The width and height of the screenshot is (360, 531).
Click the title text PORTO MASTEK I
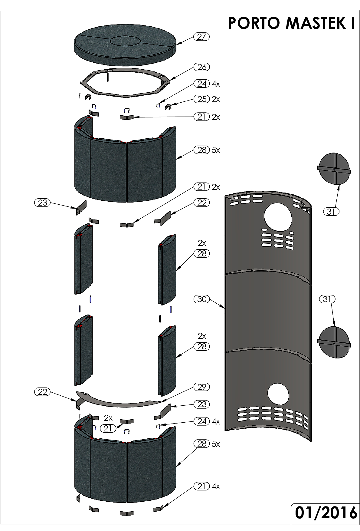[292, 23]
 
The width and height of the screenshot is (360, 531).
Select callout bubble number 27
[201, 37]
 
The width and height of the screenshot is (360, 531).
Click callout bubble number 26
[201, 67]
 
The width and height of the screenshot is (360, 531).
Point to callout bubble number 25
[201, 99]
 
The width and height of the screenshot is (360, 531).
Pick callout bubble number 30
[201, 299]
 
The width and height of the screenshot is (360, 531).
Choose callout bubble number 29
[201, 387]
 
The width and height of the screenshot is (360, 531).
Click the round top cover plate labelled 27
[125, 45]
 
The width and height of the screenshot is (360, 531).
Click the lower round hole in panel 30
[278, 394]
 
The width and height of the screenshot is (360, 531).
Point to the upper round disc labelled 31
[334, 169]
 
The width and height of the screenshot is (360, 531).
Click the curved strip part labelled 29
[118, 400]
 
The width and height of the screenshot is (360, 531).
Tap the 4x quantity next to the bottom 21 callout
[216, 487]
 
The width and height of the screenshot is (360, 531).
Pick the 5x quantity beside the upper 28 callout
[216, 150]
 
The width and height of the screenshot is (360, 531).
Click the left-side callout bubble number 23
[43, 203]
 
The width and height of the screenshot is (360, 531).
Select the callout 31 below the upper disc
[331, 212]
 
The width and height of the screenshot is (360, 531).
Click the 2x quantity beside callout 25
[216, 99]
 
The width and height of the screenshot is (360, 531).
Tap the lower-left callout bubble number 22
[43, 392]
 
